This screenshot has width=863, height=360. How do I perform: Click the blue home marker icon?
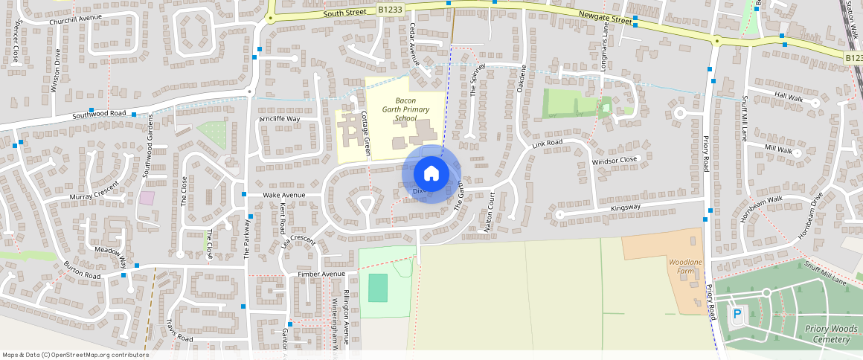pyautogui.click(x=431, y=173)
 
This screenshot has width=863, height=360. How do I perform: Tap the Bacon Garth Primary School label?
pyautogui.click(x=405, y=109)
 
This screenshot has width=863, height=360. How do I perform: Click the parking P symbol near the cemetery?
pyautogui.click(x=737, y=315)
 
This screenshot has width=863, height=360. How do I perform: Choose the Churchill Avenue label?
pyautogui.click(x=75, y=19)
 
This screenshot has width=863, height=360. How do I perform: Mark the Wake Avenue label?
pyautogui.click(x=284, y=195)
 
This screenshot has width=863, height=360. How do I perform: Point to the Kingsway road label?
pyautogui.click(x=624, y=207)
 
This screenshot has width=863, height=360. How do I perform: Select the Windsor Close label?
pyautogui.click(x=614, y=161)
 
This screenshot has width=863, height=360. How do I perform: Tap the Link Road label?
pyautogui.click(x=547, y=143)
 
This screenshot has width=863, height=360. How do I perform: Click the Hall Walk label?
pyautogui.click(x=789, y=97)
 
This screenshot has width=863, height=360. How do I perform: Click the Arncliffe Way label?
pyautogui.click(x=279, y=119)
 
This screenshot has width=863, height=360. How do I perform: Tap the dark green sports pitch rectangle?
pyautogui.click(x=378, y=287)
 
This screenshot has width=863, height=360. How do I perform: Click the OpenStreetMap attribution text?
pyautogui.click(x=76, y=355)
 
